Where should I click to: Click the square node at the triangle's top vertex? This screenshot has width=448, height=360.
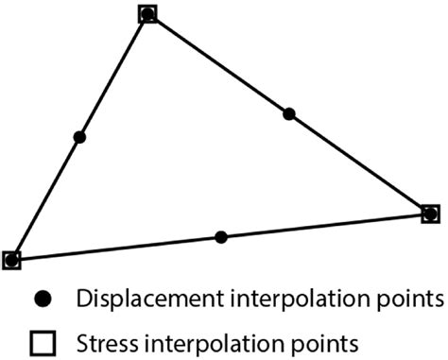pyautogui.click(x=147, y=14)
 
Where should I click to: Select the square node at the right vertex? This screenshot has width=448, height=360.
pyautogui.click(x=430, y=214)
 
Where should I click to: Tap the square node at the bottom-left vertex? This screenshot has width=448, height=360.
pyautogui.click(x=11, y=259)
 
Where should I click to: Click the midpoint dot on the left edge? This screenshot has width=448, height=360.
pyautogui.click(x=79, y=137)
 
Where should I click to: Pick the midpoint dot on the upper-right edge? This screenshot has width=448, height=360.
pyautogui.click(x=289, y=114)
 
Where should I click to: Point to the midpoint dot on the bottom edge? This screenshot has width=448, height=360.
pyautogui.click(x=221, y=236)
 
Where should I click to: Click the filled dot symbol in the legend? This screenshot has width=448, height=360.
pyautogui.click(x=41, y=300)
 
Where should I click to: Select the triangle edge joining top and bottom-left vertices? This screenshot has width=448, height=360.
pyautogui.click(x=113, y=76)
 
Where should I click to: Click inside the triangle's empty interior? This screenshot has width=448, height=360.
pyautogui.click(x=189, y=161)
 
